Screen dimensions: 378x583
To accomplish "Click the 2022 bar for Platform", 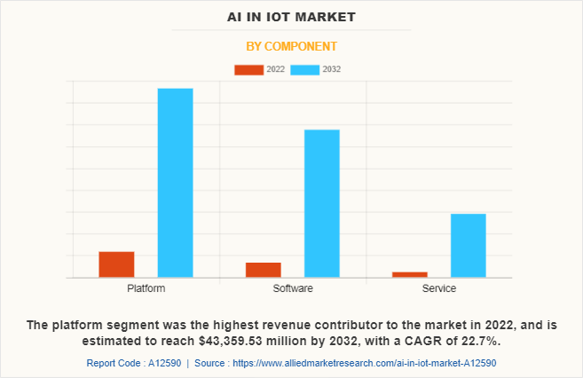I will [x=116, y=264].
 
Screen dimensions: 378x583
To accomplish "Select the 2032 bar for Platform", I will [x=175, y=183].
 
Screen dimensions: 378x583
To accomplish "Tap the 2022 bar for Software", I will [x=263, y=270].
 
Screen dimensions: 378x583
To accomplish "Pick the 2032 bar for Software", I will [x=321, y=203].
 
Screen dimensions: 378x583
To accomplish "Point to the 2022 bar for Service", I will [x=409, y=274].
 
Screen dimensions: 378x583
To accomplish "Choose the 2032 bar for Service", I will [x=468, y=246].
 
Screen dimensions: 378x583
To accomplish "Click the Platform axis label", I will [x=146, y=288].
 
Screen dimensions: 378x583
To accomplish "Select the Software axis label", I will [x=292, y=288].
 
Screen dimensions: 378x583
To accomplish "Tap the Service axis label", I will [x=438, y=288].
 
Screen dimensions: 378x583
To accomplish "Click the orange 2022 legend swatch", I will [x=248, y=69].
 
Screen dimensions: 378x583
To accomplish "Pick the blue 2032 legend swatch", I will [x=305, y=69].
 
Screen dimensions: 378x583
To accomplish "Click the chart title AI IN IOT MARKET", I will [x=291, y=16].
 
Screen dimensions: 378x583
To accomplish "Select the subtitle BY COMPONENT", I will [x=291, y=45].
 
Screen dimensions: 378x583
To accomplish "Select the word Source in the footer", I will [x=210, y=363].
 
